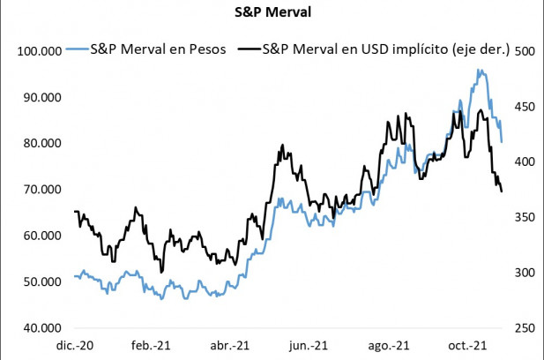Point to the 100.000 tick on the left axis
pos(37,51)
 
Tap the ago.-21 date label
pos(389,345)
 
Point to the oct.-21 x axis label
pos(467,345)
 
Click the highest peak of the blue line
pos(479,70)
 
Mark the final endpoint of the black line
pos(503,191)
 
